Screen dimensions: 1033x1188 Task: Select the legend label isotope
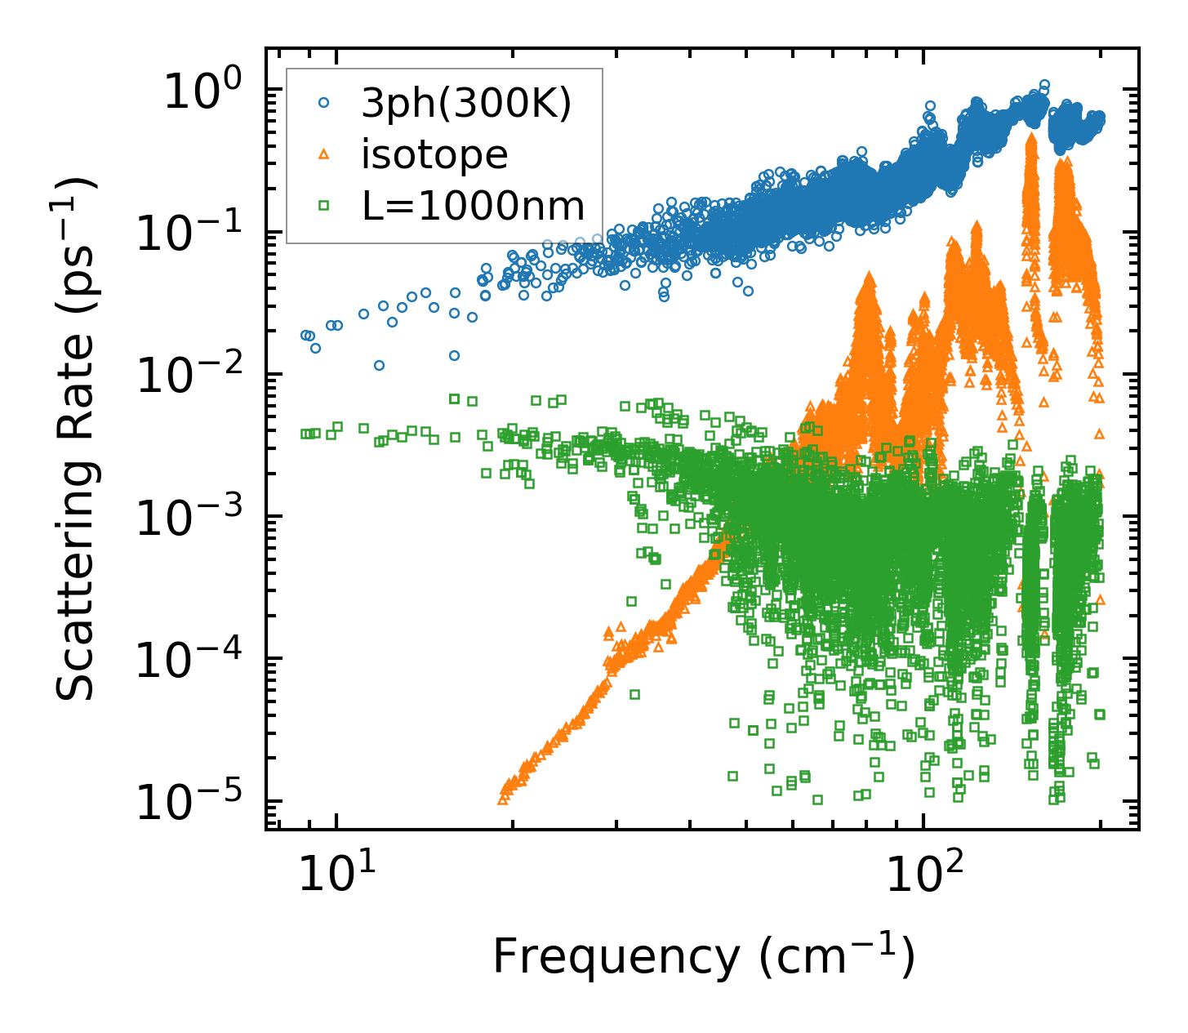(434, 154)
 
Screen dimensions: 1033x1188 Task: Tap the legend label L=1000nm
(474, 206)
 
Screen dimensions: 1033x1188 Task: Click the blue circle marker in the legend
(324, 103)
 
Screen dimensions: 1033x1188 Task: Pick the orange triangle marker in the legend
(324, 154)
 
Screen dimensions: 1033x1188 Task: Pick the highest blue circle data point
(1043, 85)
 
